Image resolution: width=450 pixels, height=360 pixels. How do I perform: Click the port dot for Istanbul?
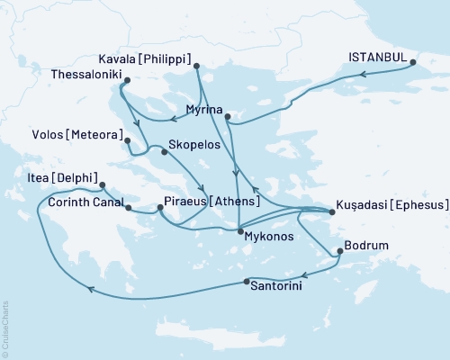click(x=413, y=63)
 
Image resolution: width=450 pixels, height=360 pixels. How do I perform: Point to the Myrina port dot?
click(x=228, y=117)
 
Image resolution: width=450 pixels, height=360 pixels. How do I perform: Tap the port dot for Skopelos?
click(x=164, y=152)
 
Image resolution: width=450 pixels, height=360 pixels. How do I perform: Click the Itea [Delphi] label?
click(x=64, y=176)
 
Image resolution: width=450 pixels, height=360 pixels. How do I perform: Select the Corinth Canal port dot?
click(x=130, y=209)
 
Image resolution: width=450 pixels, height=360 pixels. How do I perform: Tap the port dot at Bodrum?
click(x=339, y=252)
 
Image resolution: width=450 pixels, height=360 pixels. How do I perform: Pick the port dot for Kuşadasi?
click(x=333, y=212)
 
